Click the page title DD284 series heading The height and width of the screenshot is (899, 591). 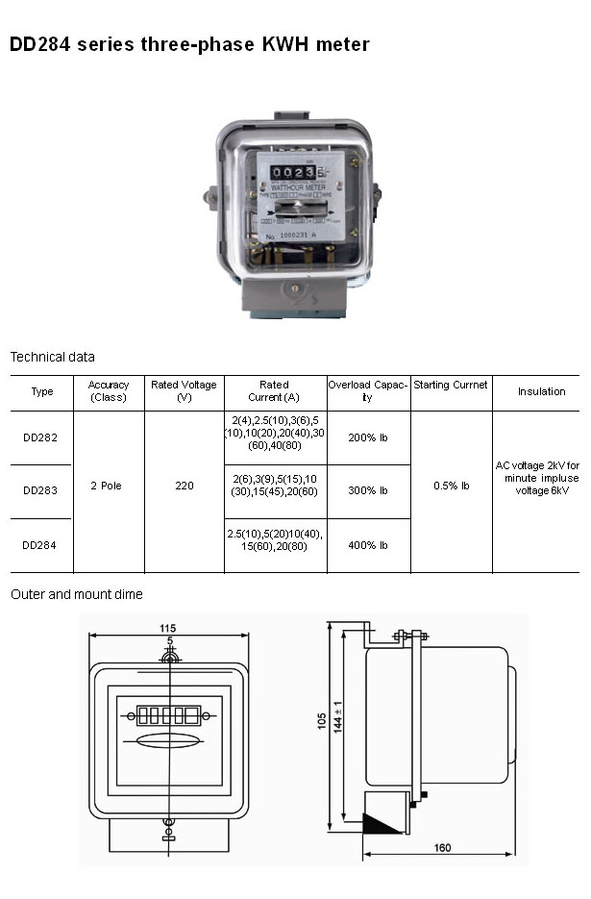point(189,44)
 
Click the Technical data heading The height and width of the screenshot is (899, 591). point(53,357)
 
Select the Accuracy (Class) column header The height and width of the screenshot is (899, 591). point(109,391)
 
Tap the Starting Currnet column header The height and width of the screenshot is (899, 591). point(451,386)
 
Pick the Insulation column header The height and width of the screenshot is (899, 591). point(542,392)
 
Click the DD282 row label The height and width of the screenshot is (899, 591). point(40,437)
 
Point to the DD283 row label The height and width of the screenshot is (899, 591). point(40,491)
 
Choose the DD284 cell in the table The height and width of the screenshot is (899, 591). point(40,545)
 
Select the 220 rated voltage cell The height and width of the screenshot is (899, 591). point(185,487)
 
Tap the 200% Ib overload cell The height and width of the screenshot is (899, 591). point(368,437)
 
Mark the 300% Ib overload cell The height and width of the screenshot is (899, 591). point(368,491)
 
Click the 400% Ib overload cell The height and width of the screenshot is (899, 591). point(368,545)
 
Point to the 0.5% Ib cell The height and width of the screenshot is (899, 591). point(451,487)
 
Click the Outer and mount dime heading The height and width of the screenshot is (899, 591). point(77,595)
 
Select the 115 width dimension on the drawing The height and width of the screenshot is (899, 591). point(168,628)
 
